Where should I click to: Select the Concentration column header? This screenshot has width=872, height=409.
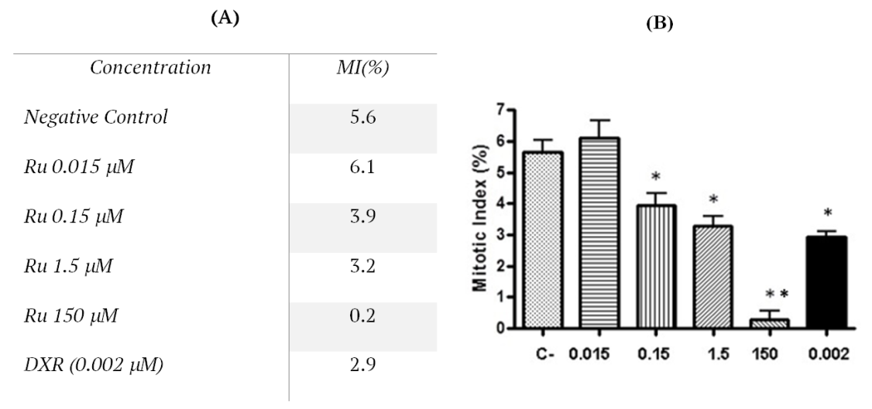click(x=150, y=68)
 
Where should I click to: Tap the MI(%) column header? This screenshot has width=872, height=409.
click(x=363, y=68)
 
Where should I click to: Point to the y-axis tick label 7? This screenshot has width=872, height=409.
click(x=493, y=111)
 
